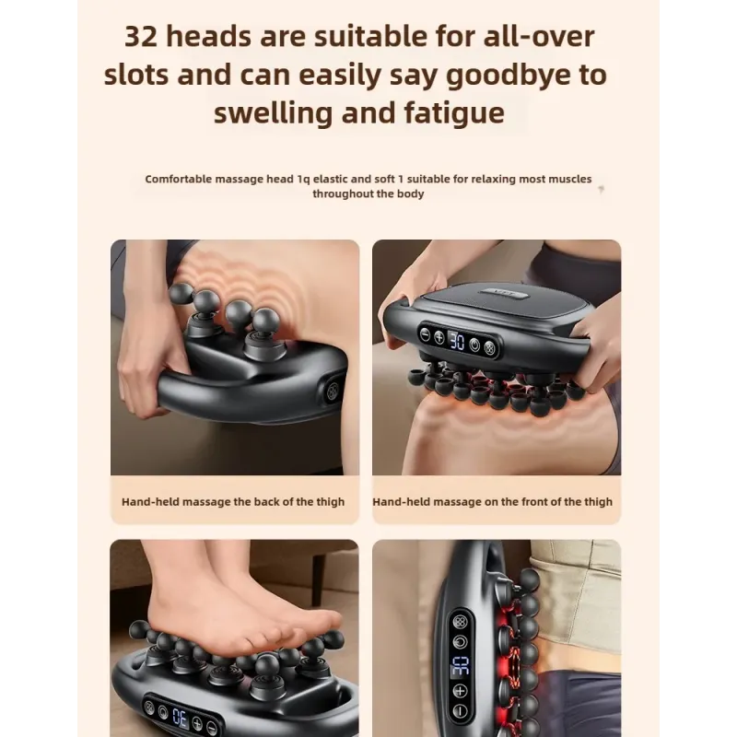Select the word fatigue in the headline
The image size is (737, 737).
[451, 113]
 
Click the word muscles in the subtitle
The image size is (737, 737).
[570, 180]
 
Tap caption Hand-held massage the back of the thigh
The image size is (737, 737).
[233, 502]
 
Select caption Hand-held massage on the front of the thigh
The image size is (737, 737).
[492, 502]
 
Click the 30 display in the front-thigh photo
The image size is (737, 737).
[456, 341]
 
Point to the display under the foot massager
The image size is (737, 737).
[181, 716]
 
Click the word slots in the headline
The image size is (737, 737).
[139, 75]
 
